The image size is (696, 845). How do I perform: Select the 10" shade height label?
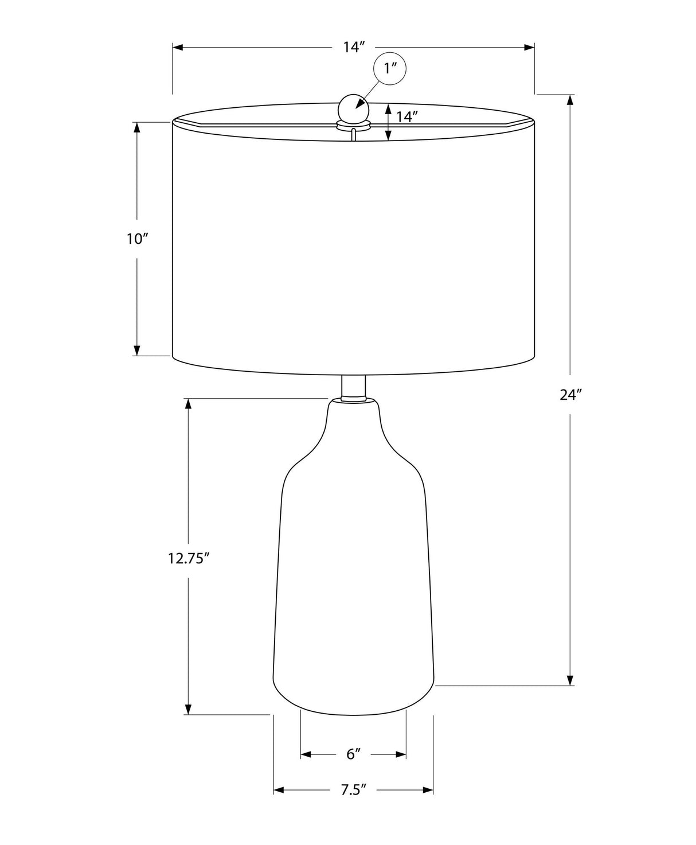pyautogui.click(x=138, y=239)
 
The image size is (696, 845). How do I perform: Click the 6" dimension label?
pyautogui.click(x=353, y=753)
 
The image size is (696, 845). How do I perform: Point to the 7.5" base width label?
pyautogui.click(x=353, y=790)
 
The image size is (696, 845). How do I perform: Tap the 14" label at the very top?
pyautogui.click(x=354, y=47)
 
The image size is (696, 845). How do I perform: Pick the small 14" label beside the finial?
pyautogui.click(x=406, y=117)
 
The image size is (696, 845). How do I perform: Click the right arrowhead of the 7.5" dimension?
pyautogui.click(x=428, y=791)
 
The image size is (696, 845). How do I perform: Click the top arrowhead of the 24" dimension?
pyautogui.click(x=570, y=99)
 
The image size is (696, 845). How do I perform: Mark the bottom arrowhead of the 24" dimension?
pyautogui.click(x=570, y=680)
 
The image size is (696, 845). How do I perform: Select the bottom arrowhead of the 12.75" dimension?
pyautogui.click(x=187, y=710)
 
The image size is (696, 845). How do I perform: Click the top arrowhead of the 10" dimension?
pyautogui.click(x=137, y=127)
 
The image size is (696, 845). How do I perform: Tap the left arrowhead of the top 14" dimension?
pyautogui.click(x=178, y=48)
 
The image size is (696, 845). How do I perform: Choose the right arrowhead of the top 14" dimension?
pyautogui.click(x=530, y=48)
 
